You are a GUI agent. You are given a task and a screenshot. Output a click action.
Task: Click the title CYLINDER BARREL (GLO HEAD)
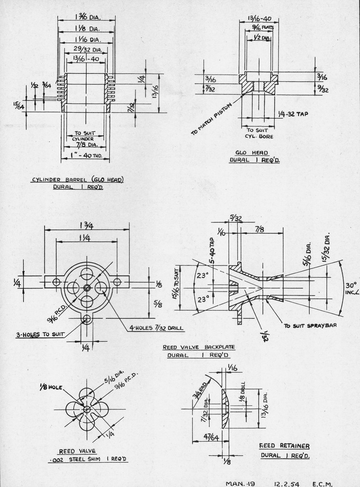(x=77, y=180)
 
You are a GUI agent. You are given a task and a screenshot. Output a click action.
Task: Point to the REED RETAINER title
(x=284, y=446)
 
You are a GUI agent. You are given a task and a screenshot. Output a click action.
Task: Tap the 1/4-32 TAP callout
(x=292, y=114)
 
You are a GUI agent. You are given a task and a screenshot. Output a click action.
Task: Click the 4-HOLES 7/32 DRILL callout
(x=156, y=328)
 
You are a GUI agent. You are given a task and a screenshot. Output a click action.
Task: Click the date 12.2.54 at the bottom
(x=287, y=484)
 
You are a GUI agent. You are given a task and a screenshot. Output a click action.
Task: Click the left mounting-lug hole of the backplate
(x=56, y=282)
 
